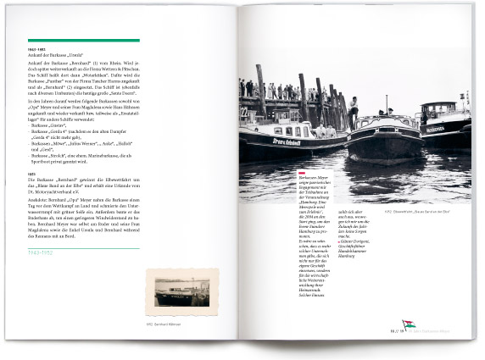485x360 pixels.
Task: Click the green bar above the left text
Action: coord(83,40)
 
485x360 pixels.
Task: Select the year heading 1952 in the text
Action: coord(31,172)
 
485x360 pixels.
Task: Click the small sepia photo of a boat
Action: coord(182,292)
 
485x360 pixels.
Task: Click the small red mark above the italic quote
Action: coord(302,172)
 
